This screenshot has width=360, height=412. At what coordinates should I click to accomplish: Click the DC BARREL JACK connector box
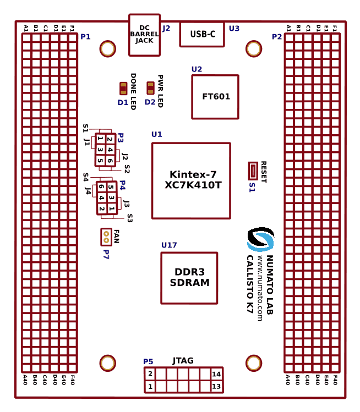[144, 35]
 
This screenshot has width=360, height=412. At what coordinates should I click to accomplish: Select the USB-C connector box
[202, 34]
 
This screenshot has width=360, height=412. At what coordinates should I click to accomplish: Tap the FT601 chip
[215, 97]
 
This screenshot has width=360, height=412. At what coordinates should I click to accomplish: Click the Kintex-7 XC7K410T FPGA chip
[191, 180]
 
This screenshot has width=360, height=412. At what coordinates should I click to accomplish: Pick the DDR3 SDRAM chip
[189, 278]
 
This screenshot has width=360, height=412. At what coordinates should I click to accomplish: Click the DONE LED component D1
[123, 89]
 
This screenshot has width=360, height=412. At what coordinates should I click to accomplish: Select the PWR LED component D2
[150, 88]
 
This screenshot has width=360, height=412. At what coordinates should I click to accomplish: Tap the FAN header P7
[106, 237]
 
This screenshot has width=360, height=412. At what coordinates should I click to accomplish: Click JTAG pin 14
[216, 374]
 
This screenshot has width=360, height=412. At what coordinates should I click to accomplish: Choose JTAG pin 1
[150, 387]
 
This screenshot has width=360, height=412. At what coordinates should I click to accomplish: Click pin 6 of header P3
[110, 161]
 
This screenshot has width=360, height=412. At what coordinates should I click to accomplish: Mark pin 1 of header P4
[111, 208]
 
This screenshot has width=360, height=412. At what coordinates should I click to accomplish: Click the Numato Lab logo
[260, 240]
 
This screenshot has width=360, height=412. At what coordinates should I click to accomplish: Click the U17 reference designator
[169, 245]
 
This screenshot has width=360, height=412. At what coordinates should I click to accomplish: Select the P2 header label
[277, 37]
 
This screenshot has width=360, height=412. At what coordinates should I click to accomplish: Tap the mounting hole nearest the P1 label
[108, 49]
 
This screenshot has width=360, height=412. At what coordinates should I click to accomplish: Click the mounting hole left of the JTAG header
[108, 363]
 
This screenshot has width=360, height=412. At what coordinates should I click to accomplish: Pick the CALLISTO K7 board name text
[249, 284]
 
